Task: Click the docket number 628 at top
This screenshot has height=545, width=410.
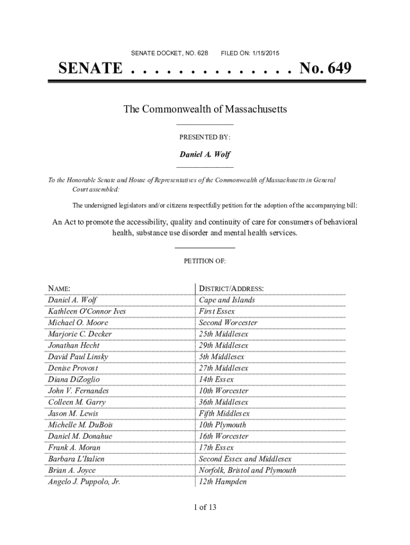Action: coord(202,53)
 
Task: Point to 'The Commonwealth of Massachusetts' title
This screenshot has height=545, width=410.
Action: coord(205,110)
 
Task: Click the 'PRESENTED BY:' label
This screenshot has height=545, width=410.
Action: coord(205,137)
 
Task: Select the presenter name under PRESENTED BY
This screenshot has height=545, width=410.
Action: coord(205,154)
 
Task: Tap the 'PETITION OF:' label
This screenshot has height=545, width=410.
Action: coord(205,261)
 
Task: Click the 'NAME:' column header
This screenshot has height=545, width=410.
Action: coord(60,289)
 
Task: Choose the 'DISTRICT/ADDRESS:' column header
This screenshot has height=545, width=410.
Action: coord(231,289)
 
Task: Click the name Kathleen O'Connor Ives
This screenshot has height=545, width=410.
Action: coord(87,311)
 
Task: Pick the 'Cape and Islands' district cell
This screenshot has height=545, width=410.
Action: coord(227,300)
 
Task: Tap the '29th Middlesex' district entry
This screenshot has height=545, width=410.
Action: coord(223,345)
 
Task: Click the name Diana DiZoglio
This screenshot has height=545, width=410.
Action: coord(74,379)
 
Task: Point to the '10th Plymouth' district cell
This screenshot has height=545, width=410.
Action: coord(223,425)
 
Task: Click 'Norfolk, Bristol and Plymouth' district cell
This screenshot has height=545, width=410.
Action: coord(247,470)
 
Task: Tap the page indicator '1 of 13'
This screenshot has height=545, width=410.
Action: coord(205,507)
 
